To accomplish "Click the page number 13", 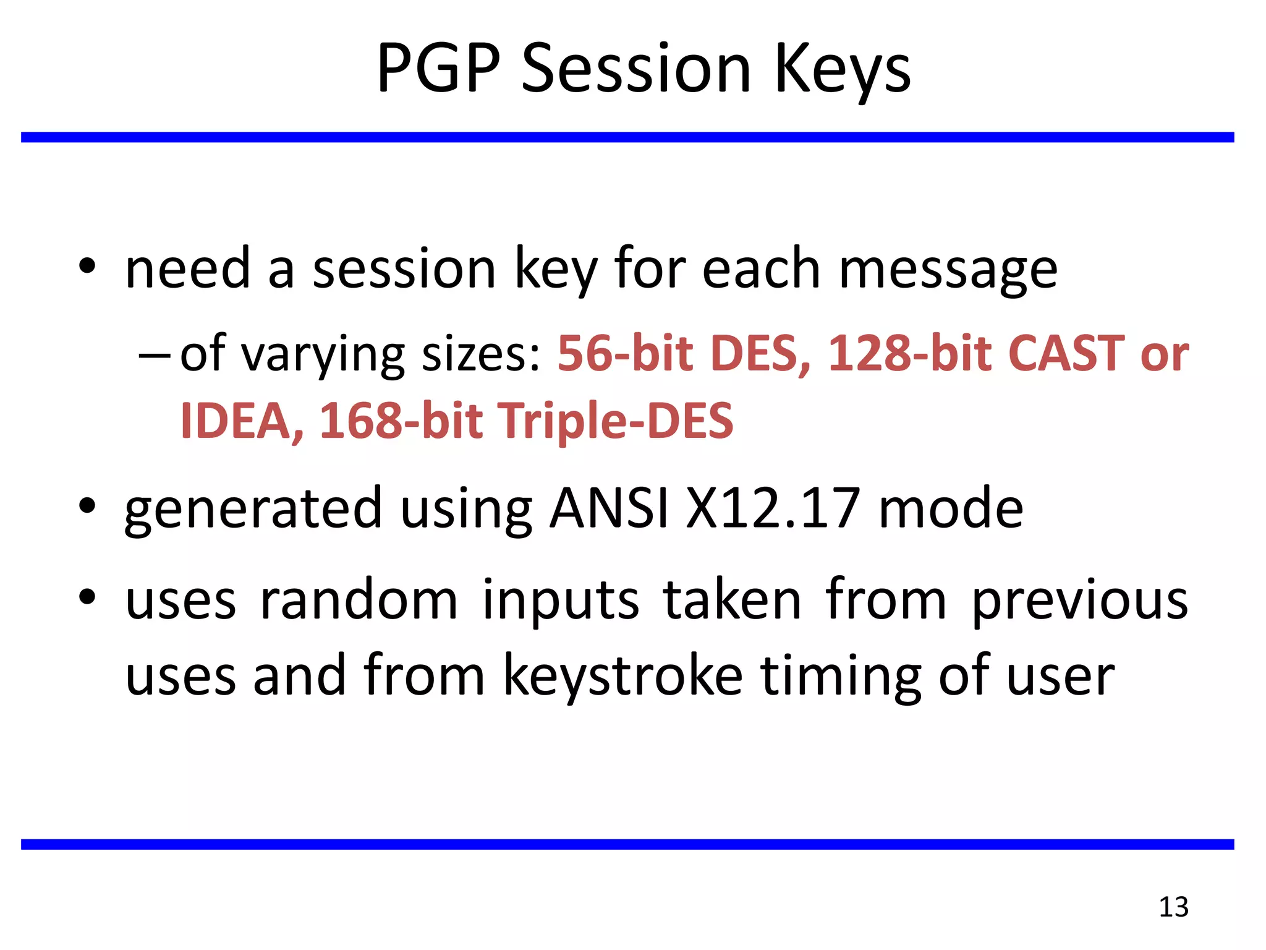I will (x=1173, y=907).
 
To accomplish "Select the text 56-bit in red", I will (x=625, y=353).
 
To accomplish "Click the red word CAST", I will (x=1066, y=353).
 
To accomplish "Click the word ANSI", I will (x=608, y=508).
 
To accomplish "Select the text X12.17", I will (x=772, y=508).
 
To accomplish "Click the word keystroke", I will (x=622, y=675).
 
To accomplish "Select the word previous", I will (x=1079, y=601).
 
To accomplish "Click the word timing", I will (x=840, y=677).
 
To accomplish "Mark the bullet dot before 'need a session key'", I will (x=87, y=267).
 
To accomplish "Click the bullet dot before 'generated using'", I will (x=87, y=505).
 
